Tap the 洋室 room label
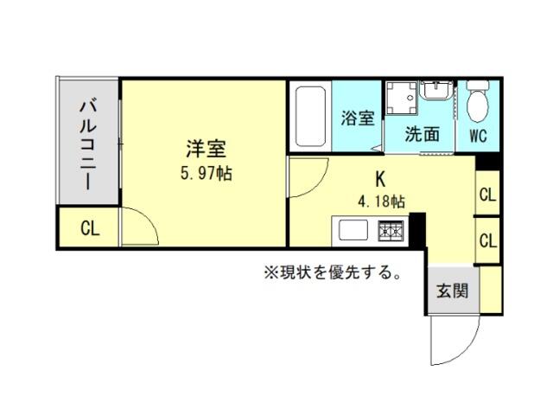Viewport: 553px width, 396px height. coord(207,149)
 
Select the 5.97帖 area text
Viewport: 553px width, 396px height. coord(207,174)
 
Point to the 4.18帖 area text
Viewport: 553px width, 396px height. coord(381,201)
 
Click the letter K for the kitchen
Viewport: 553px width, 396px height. coord(380,179)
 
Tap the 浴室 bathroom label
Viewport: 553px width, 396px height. coord(357,118)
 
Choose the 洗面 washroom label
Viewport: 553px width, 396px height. coord(423,134)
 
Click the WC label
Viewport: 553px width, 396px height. coord(478,136)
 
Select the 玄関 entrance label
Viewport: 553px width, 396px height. coord(453,291)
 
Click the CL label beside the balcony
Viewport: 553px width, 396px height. coord(90,229)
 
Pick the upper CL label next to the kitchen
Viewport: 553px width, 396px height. coord(487,195)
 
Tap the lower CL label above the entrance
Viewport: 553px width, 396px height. coord(487,241)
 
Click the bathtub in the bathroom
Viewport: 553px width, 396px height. coord(310,117)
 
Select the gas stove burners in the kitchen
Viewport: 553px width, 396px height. coord(391,231)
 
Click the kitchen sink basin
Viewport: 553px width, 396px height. coord(353,230)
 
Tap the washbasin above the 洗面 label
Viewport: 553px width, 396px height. coord(435,90)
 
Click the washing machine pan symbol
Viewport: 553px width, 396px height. coord(401,98)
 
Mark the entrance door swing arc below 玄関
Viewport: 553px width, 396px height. coord(466,350)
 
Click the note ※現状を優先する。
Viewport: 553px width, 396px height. coord(333,272)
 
